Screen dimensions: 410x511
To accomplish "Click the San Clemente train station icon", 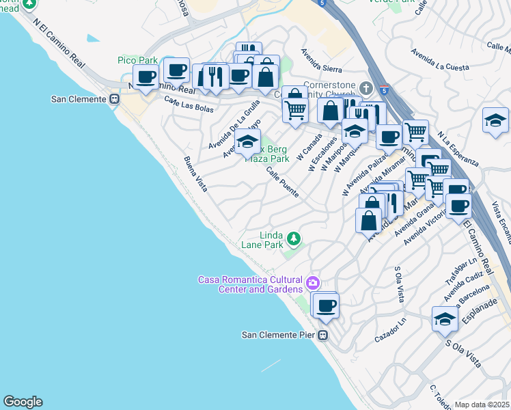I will [114, 99].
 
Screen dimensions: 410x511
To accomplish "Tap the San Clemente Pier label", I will [280, 335].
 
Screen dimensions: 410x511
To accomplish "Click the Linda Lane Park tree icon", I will [293, 238].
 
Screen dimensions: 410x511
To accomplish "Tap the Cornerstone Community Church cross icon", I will [367, 88].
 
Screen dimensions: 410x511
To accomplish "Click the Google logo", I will [23, 402].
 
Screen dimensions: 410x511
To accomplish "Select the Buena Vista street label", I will [195, 175].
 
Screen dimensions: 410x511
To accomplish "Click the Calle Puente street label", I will [282, 182].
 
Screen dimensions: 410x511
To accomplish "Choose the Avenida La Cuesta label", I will [440, 59].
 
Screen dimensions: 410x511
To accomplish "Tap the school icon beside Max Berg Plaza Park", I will [247, 143].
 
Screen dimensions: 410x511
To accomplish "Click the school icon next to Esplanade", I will [445, 319].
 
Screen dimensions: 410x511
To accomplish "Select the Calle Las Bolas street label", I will [189, 105].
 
